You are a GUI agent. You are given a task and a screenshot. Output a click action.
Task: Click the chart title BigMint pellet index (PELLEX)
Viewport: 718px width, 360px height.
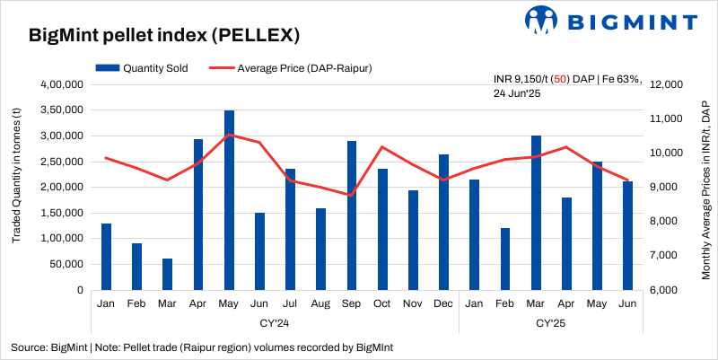point(164,35)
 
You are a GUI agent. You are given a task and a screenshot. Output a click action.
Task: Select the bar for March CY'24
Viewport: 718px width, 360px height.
point(168,274)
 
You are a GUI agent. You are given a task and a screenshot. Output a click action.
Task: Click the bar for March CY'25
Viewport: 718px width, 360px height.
point(536,213)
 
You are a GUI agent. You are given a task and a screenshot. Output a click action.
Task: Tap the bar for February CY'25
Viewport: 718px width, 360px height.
point(505,259)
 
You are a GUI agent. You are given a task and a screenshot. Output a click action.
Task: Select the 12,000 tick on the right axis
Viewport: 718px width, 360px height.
point(667,84)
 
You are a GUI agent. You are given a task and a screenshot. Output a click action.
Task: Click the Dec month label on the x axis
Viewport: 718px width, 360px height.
point(443,303)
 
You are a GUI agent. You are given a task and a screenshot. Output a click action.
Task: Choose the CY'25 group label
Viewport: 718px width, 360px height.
point(551,321)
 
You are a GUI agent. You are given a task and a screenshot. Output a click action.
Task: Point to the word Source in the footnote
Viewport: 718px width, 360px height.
point(29,347)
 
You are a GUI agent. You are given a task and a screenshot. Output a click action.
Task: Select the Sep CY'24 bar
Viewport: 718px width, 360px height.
point(352,215)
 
